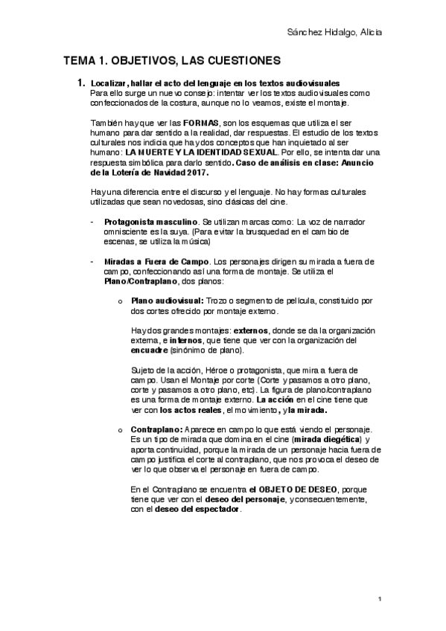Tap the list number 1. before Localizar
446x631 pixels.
click(83, 83)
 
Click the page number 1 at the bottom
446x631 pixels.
click(380, 598)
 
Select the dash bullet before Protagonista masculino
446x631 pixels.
click(91, 222)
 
